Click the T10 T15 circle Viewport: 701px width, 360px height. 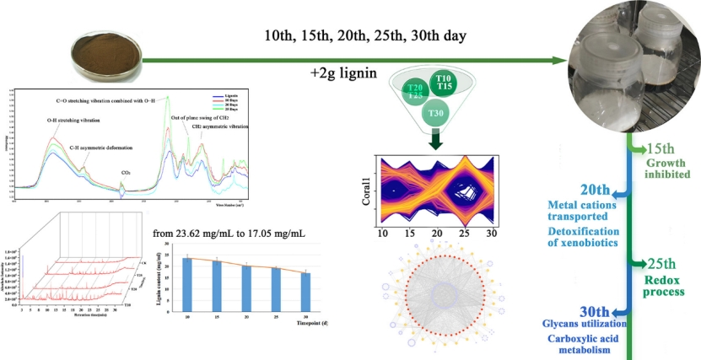coord(444,83)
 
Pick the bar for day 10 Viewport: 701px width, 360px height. coord(187,282)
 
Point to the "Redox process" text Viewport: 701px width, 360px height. coord(662,285)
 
